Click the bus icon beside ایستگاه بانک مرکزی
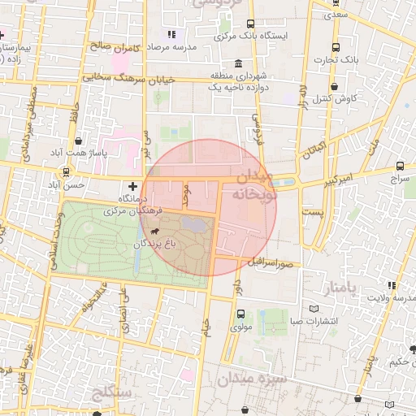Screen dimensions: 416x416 [x=249, y=24]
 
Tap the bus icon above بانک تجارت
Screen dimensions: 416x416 [x=336, y=48]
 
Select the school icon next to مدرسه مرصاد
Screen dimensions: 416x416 [x=171, y=35]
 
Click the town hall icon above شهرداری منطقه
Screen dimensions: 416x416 [x=237, y=63]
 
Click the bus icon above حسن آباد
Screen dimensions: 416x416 [x=66, y=172]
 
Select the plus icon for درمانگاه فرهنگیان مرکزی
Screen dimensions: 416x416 [x=133, y=187]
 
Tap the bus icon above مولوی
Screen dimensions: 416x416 [x=240, y=314]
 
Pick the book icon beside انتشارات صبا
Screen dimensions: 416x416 [x=314, y=309]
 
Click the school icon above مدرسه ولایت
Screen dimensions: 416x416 [x=392, y=285]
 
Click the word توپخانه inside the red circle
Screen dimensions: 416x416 [x=255, y=195]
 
